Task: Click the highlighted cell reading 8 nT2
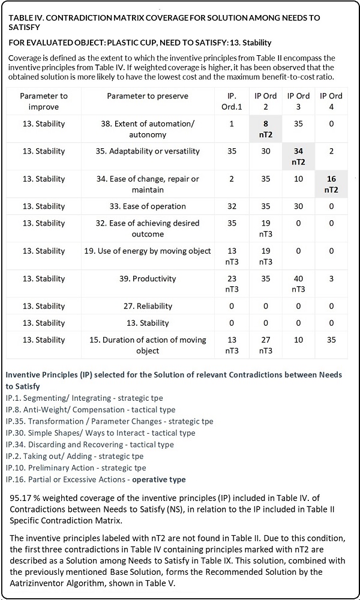[265, 129]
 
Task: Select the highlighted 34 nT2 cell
[298, 157]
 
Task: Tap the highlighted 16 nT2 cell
[331, 184]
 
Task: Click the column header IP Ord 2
[265, 101]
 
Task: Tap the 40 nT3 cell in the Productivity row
[298, 284]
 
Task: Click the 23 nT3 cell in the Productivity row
[231, 284]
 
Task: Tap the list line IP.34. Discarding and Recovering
[89, 444]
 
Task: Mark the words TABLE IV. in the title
[26, 18]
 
